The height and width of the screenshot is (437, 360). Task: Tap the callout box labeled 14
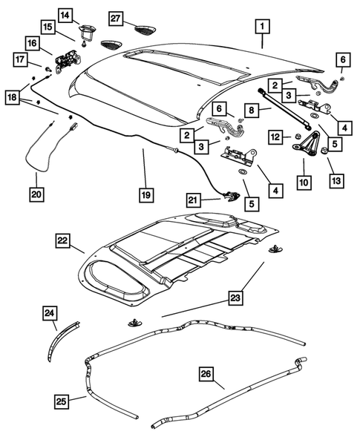point(65,15)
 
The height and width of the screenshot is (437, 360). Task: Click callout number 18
point(12,98)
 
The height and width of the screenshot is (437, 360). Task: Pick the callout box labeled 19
point(145,196)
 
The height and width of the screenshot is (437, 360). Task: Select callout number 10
point(304,180)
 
